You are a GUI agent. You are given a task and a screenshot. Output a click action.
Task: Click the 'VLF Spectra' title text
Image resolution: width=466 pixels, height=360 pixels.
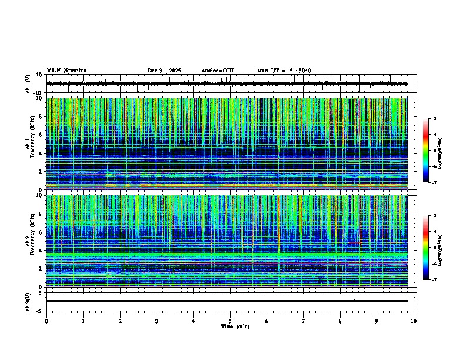pyautogui.click(x=66, y=71)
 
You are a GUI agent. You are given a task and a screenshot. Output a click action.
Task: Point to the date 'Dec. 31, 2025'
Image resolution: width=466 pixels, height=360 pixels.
pyautogui.click(x=164, y=71)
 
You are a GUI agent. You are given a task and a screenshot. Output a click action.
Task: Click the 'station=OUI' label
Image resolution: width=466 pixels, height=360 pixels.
pyautogui.click(x=218, y=71)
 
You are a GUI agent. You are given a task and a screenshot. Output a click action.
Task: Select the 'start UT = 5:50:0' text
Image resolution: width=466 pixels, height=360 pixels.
pyautogui.click(x=284, y=71)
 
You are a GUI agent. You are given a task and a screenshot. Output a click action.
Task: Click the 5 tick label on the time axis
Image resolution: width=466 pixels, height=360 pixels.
pyautogui.click(x=230, y=321)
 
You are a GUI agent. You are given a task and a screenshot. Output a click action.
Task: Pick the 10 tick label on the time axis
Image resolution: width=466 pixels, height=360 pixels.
pyautogui.click(x=414, y=321)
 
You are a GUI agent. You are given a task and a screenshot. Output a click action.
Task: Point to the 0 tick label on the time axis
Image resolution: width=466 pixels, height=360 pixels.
pyautogui.click(x=46, y=321)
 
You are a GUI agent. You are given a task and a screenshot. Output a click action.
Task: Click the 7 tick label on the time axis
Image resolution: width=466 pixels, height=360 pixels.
pyautogui.click(x=304, y=321)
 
